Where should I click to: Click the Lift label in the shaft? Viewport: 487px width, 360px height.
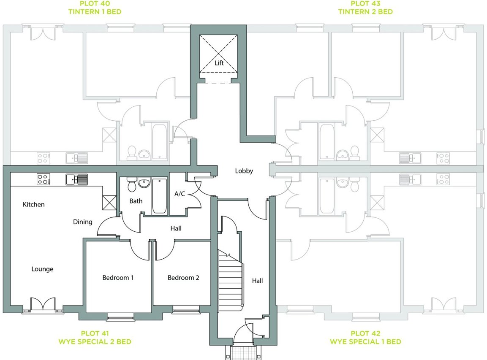219,63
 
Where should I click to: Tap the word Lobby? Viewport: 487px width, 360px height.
244,171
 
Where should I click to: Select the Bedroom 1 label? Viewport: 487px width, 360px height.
118,278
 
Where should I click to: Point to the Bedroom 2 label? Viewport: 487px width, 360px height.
183,278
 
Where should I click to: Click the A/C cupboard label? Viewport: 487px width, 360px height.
180,194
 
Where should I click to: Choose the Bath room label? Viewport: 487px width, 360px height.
136,201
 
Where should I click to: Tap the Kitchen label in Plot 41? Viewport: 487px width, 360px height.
34,205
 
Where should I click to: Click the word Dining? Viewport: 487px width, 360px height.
82,222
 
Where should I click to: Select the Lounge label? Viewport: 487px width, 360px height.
42,269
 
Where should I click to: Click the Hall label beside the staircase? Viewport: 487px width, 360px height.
257,281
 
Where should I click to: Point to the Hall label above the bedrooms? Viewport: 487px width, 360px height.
176,228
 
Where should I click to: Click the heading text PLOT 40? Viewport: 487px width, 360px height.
95,4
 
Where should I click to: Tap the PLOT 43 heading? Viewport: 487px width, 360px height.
365,4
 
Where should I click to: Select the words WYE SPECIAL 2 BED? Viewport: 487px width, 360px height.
95,341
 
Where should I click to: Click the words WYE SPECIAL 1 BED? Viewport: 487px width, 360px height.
365,341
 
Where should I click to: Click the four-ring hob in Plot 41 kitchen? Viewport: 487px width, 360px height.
43,179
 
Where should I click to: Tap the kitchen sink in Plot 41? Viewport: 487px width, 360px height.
77,179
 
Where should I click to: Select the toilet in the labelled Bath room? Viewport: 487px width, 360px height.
131,185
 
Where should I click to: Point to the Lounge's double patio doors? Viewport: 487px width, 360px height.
43,305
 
